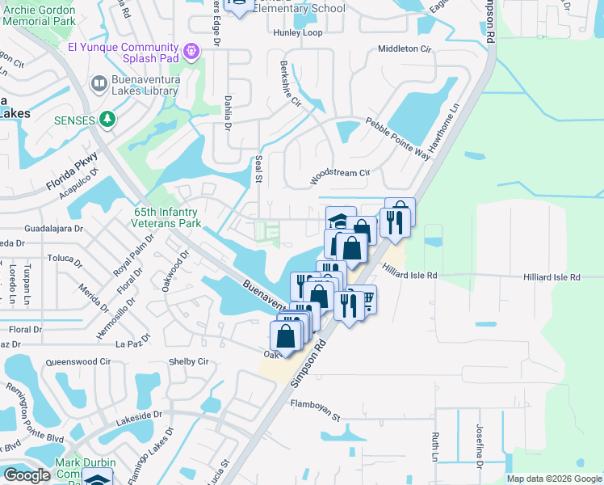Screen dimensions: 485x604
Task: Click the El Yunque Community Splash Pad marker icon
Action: [x=191, y=51]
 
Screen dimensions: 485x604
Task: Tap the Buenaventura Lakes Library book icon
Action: [x=99, y=83]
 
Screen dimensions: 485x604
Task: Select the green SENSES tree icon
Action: [x=107, y=120]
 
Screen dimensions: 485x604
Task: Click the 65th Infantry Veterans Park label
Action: [x=167, y=217]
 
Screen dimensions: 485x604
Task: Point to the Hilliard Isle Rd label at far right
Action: [x=552, y=277]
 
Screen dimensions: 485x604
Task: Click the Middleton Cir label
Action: [x=405, y=48]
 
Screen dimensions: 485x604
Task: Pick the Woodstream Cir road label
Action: [x=340, y=177]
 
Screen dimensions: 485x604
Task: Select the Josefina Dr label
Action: [x=479, y=457]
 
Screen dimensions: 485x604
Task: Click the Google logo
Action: [x=27, y=475]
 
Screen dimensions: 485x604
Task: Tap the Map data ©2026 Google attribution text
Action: [x=554, y=479]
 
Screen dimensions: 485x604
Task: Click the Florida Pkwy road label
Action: [x=72, y=173]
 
